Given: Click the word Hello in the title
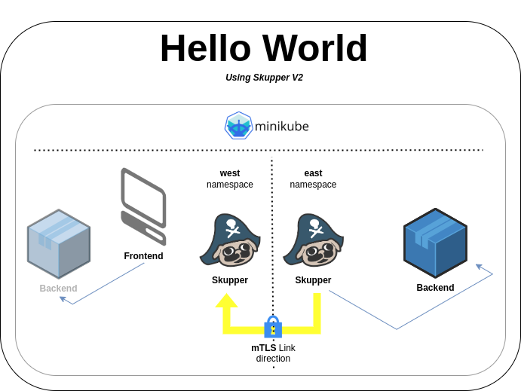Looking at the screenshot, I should point(204,48).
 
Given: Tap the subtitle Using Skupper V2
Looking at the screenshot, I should point(264,78).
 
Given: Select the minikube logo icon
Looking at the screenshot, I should point(238,126).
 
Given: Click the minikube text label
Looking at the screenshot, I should point(281,126).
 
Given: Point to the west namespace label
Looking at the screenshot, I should point(230,179).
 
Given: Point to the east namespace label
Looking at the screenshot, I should point(313,179).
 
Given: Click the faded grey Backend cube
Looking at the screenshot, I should point(59,244).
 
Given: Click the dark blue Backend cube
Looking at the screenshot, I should point(435,243).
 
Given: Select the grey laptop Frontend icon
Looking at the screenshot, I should point(143,206).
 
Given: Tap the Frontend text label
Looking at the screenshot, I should point(143,256).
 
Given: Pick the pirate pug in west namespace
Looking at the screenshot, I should point(230,240).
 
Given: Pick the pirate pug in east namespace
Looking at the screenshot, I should point(313,240).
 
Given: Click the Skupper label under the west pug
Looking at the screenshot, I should point(230,280).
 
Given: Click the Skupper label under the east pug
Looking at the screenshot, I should point(313,280).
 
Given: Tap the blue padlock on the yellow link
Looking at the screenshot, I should point(273,327).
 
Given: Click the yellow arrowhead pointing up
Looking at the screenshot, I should point(226,301).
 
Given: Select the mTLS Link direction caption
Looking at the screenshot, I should point(273,353).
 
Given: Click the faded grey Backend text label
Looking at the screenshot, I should point(58,289).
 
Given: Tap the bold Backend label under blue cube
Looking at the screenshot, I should point(435,288).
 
